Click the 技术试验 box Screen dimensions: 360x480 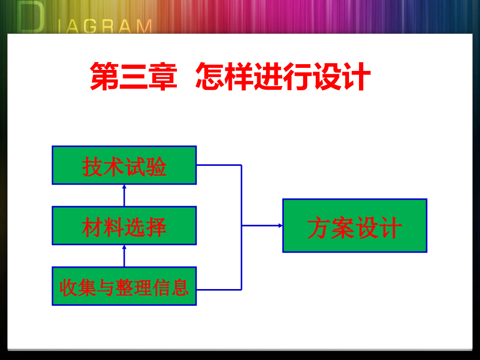click(x=124, y=165)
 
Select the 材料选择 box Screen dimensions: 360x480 click(x=124, y=225)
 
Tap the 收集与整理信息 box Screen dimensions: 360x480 click(x=124, y=286)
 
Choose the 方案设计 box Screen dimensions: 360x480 click(x=355, y=225)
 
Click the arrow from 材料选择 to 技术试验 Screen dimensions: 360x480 click(x=124, y=195)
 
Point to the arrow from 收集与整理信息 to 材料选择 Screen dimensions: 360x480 click(x=124, y=256)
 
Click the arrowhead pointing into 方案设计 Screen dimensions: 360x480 click(x=280, y=225)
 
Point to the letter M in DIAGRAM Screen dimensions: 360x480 click(x=142, y=26)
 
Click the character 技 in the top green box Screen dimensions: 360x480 click(x=92, y=166)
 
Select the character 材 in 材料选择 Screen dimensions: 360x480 click(x=92, y=227)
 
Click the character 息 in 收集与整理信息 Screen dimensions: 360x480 click(x=181, y=287)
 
